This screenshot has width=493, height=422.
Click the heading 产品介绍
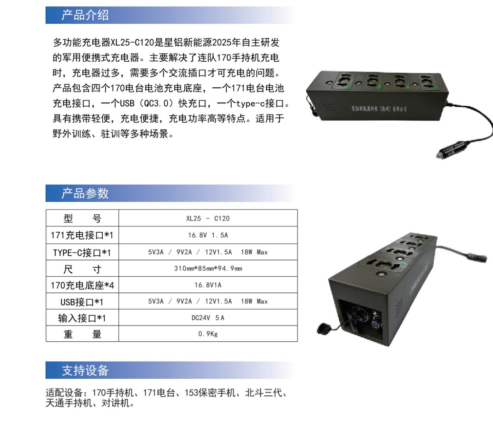click(x=85, y=15)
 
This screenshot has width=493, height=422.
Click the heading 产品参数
click(x=85, y=193)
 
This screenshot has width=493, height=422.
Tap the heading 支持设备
click(x=85, y=370)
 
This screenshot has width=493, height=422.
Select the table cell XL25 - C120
click(x=208, y=218)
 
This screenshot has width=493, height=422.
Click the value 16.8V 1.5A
click(x=208, y=235)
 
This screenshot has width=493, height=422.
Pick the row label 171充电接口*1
click(x=82, y=235)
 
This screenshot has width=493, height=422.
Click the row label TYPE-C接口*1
click(x=82, y=252)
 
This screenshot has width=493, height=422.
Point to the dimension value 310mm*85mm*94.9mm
click(x=208, y=268)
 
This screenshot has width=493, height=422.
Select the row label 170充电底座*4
click(x=82, y=285)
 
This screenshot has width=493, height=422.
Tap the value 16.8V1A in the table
click(x=208, y=285)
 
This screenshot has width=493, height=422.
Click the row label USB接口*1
click(x=82, y=302)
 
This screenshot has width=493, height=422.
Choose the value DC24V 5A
click(x=208, y=317)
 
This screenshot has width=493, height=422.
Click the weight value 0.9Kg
click(x=208, y=333)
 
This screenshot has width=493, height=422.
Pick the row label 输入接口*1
click(x=82, y=318)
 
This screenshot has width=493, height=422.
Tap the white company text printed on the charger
click(x=379, y=109)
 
